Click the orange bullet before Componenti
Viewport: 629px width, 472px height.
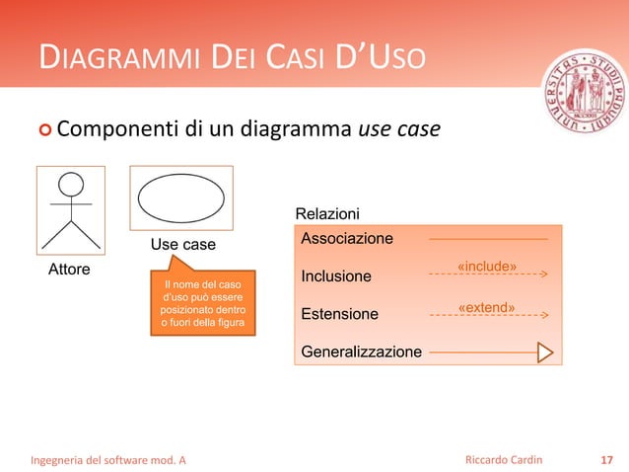coord(44,130)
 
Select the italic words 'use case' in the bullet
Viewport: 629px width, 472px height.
coord(398,129)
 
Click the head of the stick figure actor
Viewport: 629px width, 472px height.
coord(70,185)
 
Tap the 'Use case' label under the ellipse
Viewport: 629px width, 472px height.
coord(182,244)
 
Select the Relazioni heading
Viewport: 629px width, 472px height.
coord(327,214)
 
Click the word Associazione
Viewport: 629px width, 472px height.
coord(346,238)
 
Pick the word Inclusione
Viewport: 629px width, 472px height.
coord(336,276)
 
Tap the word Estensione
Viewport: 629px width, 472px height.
coord(339,314)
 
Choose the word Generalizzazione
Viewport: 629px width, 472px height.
coord(361,352)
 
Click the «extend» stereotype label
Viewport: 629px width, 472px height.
coord(486,307)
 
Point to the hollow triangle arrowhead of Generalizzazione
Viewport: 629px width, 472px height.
coord(544,352)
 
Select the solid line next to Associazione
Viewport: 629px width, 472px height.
coord(488,239)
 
